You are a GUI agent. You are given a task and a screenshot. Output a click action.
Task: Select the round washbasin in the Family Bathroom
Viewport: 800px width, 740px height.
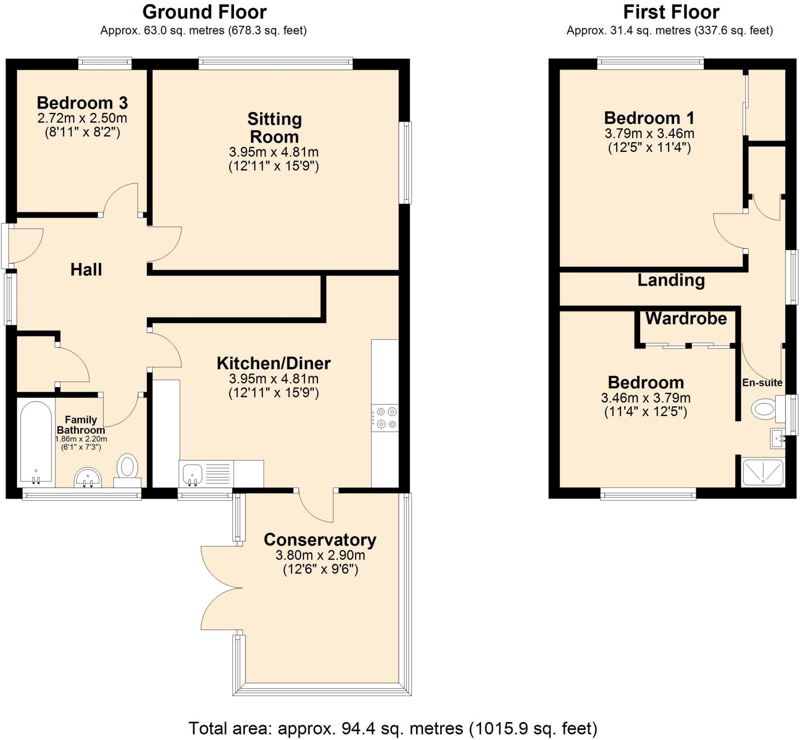point(89,477)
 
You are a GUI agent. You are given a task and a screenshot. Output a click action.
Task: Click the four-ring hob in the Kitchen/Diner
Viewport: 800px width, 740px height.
point(385,418)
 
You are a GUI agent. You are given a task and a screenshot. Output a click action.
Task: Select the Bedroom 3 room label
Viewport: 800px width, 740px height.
point(82,103)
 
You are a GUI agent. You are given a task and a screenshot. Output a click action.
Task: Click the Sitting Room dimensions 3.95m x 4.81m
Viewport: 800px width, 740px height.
point(273,152)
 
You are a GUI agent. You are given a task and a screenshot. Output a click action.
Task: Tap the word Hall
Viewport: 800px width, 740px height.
point(86,270)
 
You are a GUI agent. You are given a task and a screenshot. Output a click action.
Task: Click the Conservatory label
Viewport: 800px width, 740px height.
point(320,540)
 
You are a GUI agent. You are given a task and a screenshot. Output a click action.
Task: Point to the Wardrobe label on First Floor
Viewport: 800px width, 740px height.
point(686,319)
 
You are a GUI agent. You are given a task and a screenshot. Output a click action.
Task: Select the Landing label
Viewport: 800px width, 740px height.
point(671,280)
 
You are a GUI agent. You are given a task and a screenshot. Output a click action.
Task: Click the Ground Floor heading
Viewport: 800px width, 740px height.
point(204,12)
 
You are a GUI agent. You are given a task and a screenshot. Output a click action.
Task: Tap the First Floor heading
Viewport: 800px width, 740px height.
point(671,12)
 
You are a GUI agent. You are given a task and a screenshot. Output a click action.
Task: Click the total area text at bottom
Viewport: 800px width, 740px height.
point(393,728)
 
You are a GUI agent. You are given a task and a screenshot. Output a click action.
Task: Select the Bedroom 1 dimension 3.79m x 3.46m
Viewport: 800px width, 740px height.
point(650,133)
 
